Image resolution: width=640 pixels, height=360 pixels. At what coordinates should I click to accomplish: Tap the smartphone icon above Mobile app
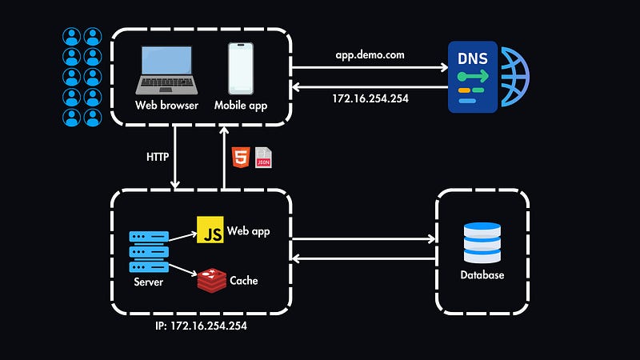point(241,70)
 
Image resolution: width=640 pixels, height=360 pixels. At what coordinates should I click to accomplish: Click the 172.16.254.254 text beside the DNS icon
point(370,99)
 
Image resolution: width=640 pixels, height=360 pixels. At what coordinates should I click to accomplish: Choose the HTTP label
point(157,157)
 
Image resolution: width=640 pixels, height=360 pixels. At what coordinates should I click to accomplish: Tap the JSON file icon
point(263,158)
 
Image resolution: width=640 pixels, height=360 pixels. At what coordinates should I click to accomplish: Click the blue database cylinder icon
point(482,242)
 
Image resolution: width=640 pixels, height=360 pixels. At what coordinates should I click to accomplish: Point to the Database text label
point(482,275)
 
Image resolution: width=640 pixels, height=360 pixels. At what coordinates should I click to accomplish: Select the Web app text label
point(250,231)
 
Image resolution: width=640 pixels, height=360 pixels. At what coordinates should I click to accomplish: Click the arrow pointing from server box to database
point(364,238)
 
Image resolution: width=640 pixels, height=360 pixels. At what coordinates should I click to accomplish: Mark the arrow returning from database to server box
point(364,258)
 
